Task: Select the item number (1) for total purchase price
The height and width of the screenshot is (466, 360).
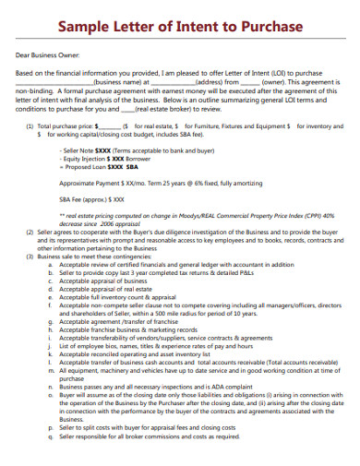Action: [30, 125]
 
